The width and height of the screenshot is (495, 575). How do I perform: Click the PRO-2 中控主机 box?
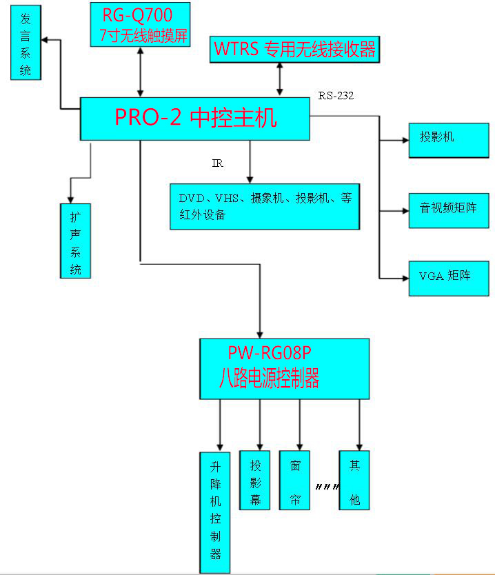[195, 119]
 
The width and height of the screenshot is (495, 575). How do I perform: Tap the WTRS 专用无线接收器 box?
[294, 49]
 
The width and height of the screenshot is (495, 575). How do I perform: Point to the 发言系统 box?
[26, 44]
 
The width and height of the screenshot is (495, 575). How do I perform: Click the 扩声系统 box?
[75, 240]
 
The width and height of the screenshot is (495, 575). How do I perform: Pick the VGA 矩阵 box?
[448, 278]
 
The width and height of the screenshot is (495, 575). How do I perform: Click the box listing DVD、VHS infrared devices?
[265, 206]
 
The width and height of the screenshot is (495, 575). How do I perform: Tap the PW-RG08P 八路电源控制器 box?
[284, 368]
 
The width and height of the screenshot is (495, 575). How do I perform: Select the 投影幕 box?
[255, 480]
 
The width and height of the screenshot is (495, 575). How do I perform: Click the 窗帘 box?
[295, 480]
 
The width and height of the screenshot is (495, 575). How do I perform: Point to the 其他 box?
[354, 480]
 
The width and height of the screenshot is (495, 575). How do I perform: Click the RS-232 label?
[336, 96]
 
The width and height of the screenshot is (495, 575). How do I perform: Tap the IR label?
[217, 163]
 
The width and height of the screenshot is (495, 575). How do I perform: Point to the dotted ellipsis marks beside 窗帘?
[326, 487]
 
